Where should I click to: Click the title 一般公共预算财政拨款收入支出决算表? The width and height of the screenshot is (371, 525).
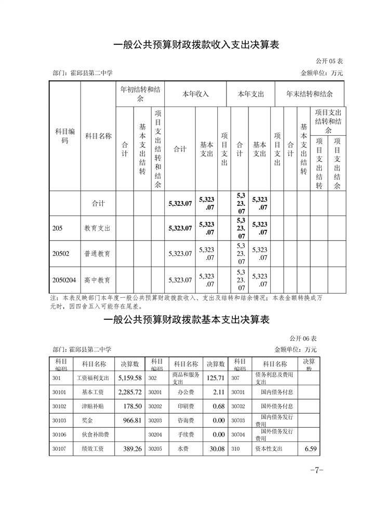tap(196, 45)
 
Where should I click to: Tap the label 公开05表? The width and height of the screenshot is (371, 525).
tap(329, 61)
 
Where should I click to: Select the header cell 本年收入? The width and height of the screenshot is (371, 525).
tap(195, 94)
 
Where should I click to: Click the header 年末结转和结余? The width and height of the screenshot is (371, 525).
tap(310, 94)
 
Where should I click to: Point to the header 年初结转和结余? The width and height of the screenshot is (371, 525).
tap(140, 94)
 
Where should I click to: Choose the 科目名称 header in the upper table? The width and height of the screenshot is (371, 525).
tap(98, 136)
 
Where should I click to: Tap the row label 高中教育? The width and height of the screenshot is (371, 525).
tap(98, 280)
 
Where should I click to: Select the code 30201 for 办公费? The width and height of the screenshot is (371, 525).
tap(155, 392)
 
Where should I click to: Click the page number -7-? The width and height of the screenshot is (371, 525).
tap(316, 470)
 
